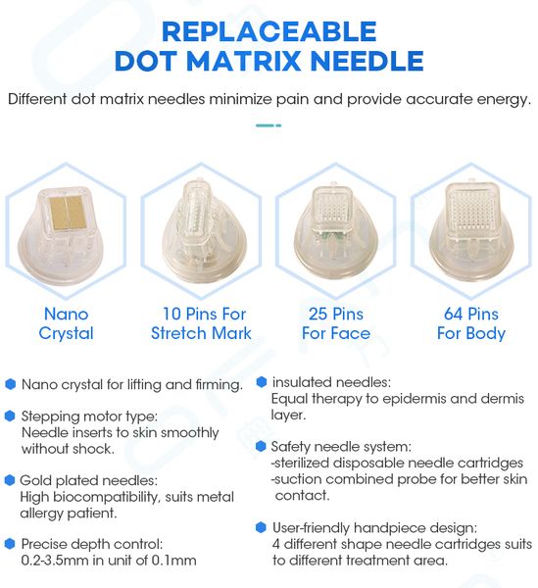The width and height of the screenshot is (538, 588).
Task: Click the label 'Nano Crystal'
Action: (x=67, y=323)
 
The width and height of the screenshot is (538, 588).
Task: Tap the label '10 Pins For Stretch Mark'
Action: (x=201, y=323)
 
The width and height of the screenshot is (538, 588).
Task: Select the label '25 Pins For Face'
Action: (x=335, y=323)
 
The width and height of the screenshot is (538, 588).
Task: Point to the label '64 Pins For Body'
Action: (x=468, y=323)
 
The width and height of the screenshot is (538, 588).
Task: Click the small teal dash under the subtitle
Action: (x=268, y=125)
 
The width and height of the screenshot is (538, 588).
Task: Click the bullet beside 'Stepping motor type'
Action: (x=10, y=416)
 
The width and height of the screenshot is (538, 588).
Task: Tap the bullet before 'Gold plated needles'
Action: (x=10, y=480)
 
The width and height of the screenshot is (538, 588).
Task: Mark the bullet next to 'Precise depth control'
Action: (x=10, y=543)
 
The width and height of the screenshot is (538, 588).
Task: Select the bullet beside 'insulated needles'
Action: (x=261, y=382)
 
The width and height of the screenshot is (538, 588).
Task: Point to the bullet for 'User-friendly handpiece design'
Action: (x=261, y=527)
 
